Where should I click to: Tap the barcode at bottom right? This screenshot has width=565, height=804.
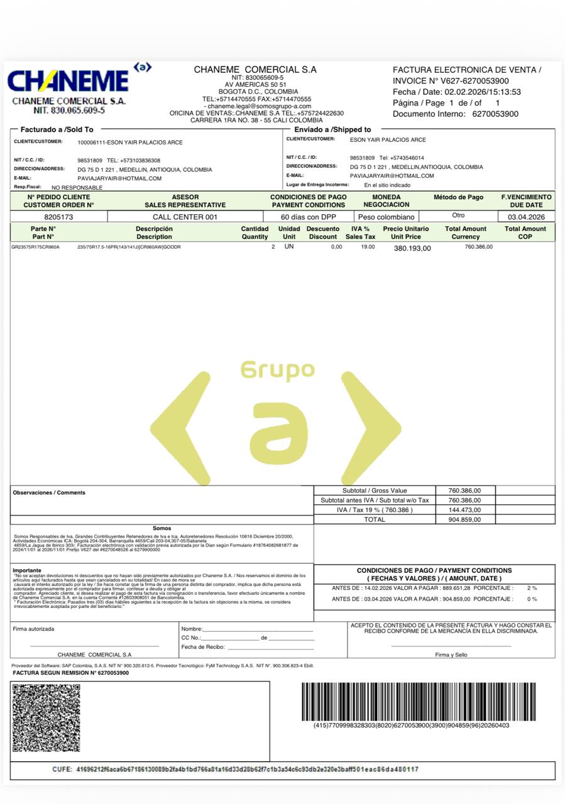click(419, 701)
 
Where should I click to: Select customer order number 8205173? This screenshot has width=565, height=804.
click(58, 217)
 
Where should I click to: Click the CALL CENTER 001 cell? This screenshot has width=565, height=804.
click(185, 217)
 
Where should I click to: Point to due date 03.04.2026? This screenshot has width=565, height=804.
click(526, 217)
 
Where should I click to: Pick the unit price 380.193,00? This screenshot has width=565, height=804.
click(412, 248)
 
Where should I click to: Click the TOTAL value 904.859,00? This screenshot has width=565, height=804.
click(465, 519)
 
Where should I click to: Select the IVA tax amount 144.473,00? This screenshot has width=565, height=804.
click(465, 510)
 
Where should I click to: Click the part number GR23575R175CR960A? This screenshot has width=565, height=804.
click(36, 247)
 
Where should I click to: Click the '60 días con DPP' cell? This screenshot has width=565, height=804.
click(308, 217)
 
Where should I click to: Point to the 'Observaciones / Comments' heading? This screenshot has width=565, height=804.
click(49, 492)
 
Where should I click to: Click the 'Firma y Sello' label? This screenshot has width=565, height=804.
click(451, 655)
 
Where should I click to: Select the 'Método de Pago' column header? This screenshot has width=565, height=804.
click(458, 197)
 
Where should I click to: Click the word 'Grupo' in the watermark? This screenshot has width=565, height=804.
click(277, 370)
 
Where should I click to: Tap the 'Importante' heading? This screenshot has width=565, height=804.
click(27, 570)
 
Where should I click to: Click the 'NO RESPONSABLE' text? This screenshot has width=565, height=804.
click(77, 187)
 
